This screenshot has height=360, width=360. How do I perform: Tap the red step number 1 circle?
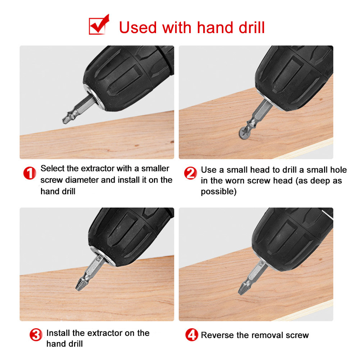29,174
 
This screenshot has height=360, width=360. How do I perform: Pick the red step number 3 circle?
35,335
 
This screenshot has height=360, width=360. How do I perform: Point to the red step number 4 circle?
192,335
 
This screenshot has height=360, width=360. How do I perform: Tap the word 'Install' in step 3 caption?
59,333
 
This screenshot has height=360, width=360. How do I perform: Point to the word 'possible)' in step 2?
219,192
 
